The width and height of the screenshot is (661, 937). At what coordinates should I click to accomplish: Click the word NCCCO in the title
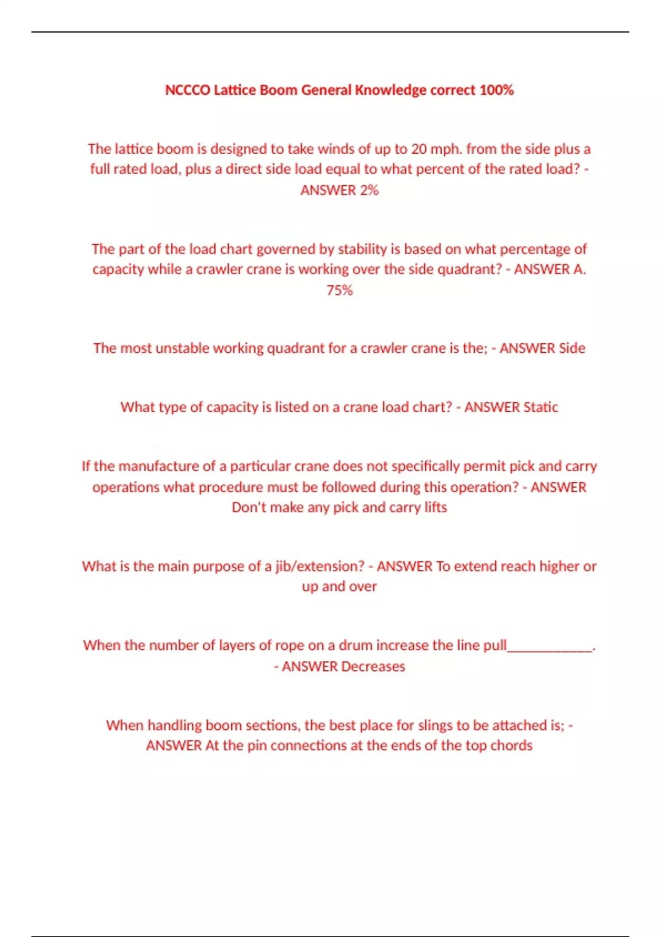click(187, 90)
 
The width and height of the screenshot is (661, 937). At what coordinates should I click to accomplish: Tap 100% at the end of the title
click(496, 90)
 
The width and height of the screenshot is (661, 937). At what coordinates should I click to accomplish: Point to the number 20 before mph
click(419, 149)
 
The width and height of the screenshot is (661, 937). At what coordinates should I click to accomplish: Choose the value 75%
click(339, 290)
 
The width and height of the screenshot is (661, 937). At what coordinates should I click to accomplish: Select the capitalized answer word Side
click(572, 348)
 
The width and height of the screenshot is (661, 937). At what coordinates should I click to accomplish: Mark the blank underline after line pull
click(549, 646)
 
